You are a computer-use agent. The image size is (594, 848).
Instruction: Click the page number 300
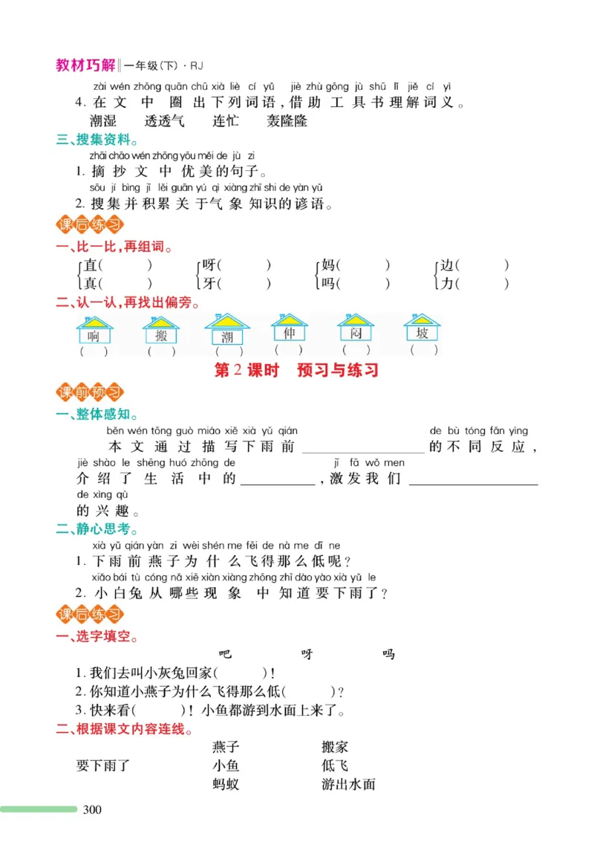point(91,809)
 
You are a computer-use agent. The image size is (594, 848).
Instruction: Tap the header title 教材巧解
point(85,65)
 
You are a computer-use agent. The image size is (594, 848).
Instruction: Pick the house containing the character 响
point(94,332)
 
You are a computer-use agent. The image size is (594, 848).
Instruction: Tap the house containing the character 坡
point(422,331)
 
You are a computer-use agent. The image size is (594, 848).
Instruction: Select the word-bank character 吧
point(226,654)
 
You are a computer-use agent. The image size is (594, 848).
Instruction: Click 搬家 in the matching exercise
point(335,746)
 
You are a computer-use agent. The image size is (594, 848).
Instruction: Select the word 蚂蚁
point(226,783)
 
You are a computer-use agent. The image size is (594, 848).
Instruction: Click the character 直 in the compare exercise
point(91,265)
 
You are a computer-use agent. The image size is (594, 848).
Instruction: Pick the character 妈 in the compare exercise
point(327,265)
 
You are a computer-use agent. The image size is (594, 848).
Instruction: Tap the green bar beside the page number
point(39,809)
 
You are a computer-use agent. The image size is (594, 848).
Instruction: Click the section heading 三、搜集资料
point(97,139)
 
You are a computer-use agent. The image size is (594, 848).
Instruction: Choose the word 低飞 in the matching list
point(335,765)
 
